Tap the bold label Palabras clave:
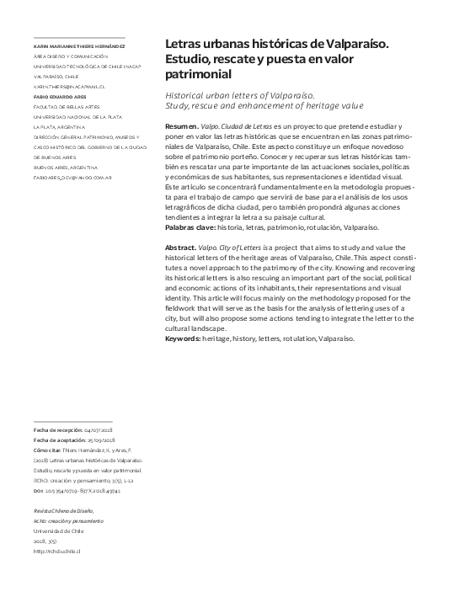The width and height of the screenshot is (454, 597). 191,227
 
